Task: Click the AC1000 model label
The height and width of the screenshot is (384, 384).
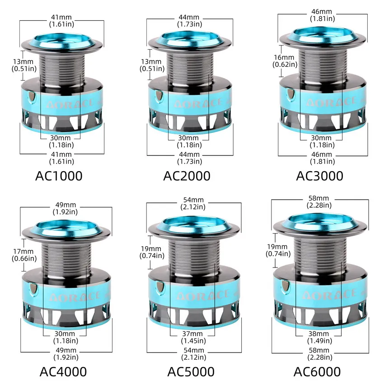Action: point(59,176)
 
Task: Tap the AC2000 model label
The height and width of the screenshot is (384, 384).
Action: point(187,176)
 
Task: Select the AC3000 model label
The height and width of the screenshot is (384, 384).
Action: point(319,176)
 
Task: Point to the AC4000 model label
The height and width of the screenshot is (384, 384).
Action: point(63,372)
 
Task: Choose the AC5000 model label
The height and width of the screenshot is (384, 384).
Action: point(191,372)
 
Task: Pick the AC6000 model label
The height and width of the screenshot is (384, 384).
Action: point(317,372)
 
